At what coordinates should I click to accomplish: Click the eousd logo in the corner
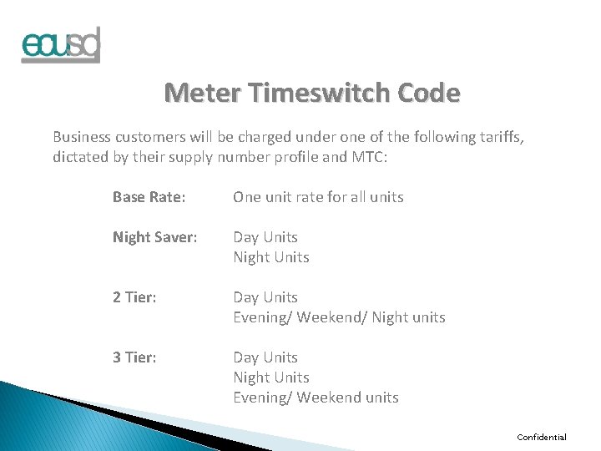click(61, 45)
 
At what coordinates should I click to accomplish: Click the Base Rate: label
click(149, 197)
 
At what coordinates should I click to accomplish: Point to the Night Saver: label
click(155, 237)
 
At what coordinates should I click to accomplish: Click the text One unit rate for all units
click(318, 197)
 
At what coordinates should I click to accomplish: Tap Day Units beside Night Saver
click(265, 237)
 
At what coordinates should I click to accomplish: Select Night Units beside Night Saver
click(271, 257)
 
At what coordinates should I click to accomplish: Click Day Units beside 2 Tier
click(265, 297)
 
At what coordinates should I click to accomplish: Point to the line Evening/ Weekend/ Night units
click(339, 317)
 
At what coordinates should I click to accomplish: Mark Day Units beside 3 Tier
click(265, 357)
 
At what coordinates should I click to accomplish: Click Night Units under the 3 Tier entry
click(271, 378)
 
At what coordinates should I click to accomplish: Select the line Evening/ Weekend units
click(316, 398)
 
